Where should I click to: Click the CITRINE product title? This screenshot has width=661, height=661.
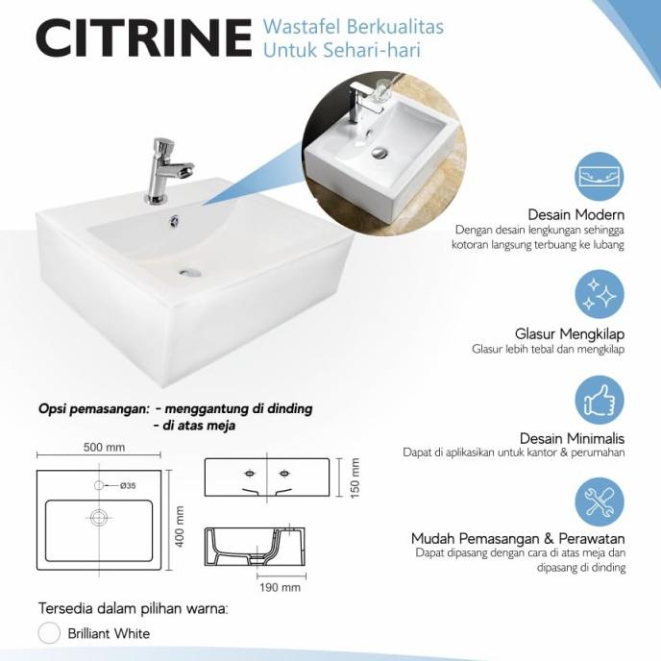click(x=144, y=37)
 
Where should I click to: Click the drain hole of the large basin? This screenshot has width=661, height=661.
click(x=190, y=272)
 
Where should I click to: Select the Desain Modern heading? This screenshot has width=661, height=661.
click(x=576, y=214)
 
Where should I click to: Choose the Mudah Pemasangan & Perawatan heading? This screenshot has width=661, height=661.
click(x=518, y=538)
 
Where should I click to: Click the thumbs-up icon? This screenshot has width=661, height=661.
click(x=600, y=399)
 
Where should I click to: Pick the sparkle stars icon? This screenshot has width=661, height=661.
click(x=600, y=294)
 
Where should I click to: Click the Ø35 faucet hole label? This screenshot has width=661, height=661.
click(x=127, y=486)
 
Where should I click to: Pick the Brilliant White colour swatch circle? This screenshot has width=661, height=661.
click(x=49, y=633)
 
